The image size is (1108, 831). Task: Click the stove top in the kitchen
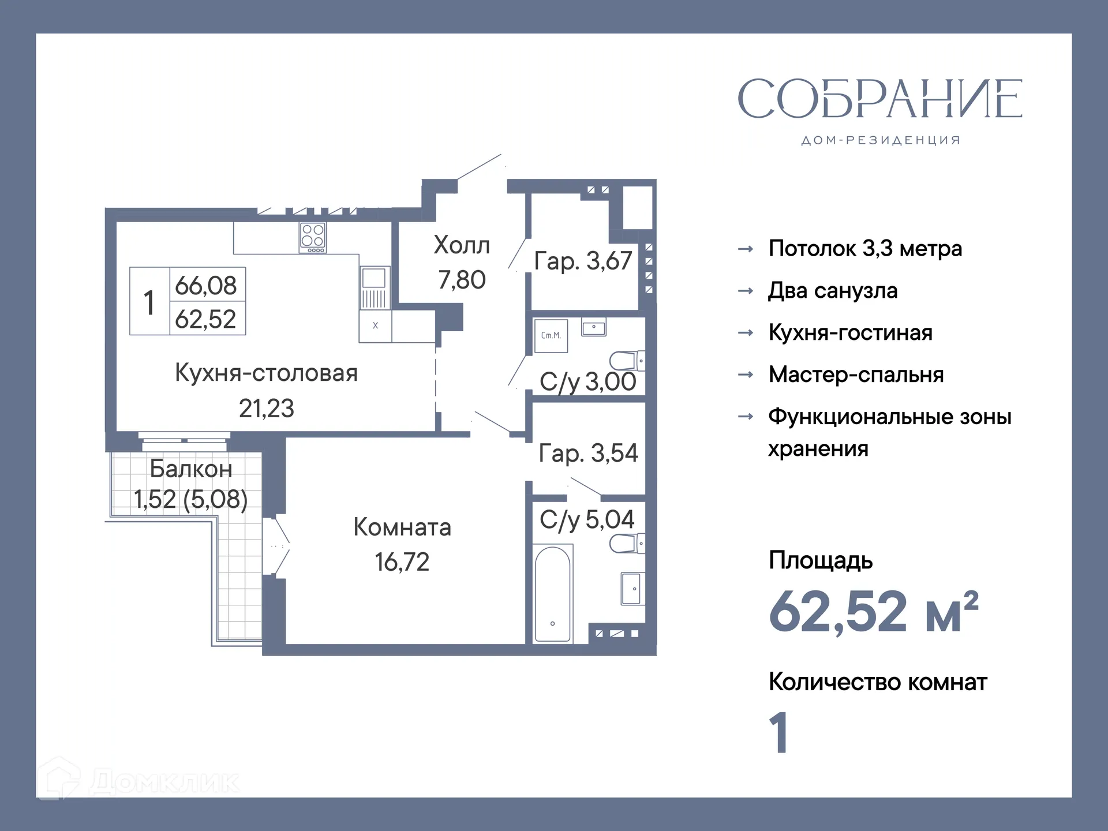coord(313,237)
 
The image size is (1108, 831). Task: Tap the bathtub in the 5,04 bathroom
coord(552,594)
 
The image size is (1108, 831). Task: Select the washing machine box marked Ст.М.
coord(551,335)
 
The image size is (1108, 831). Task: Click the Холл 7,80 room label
coord(462,262)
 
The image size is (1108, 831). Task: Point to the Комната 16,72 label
coord(402,544)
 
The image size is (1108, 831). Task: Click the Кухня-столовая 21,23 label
coord(266,390)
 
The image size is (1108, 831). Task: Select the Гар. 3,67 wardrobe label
coord(583,261)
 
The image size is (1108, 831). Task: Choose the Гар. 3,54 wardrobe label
coord(588,453)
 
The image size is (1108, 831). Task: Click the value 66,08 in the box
coord(206,285)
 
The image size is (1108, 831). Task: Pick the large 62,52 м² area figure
coord(873,612)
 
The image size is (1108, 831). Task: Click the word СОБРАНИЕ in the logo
coord(880,99)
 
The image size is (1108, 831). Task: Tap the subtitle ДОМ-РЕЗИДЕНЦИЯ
coord(881,140)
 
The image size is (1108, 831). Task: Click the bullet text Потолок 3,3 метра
coord(865,249)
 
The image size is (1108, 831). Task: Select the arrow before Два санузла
coord(746,291)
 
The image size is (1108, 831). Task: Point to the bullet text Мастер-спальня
coord(856,375)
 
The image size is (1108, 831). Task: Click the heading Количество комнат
coord(878,682)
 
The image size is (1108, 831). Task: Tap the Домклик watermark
coord(138,782)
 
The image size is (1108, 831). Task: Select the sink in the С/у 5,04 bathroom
coord(631,589)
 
